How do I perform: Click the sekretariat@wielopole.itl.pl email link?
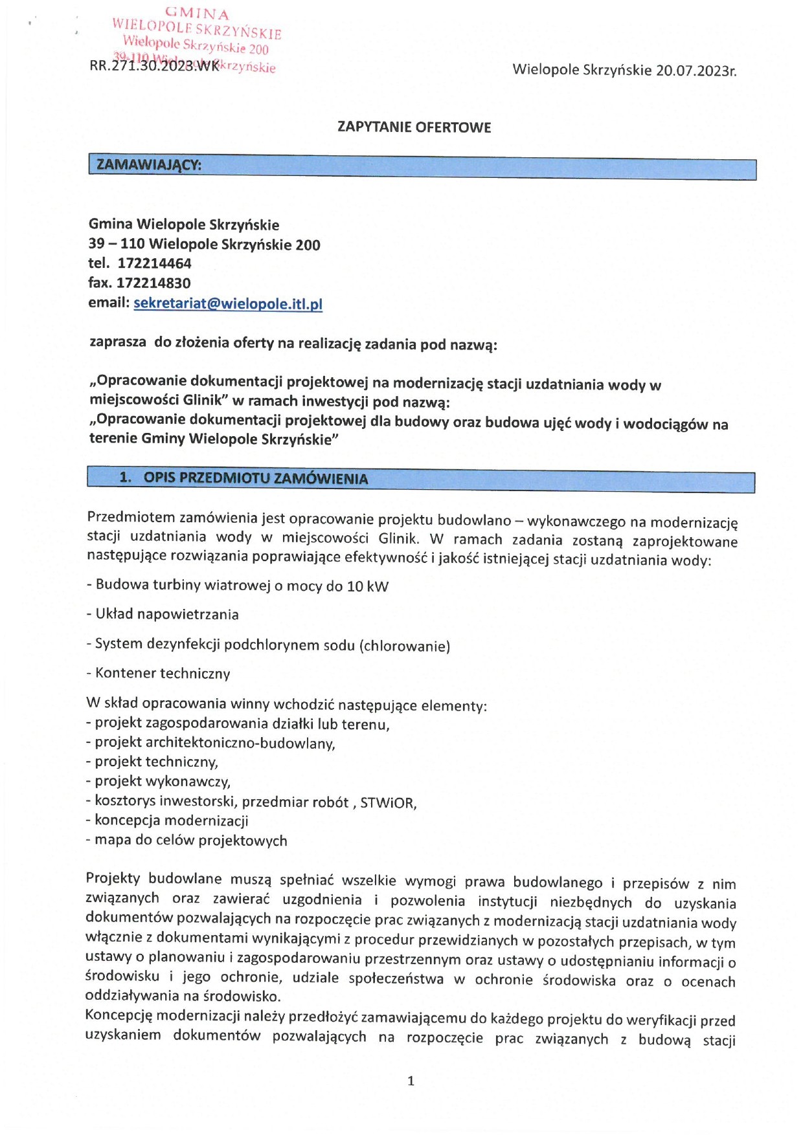pyautogui.click(x=228, y=303)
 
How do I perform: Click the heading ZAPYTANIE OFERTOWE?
pyautogui.click(x=414, y=127)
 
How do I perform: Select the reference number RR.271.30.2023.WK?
pyautogui.click(x=154, y=66)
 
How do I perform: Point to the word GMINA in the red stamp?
pyautogui.click(x=197, y=14)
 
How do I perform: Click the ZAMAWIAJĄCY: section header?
pyautogui.click(x=149, y=165)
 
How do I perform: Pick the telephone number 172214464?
pyautogui.click(x=154, y=263)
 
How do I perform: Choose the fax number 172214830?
pyautogui.click(x=153, y=283)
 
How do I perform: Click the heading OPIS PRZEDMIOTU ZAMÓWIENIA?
pyautogui.click(x=255, y=479)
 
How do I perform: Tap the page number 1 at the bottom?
pyautogui.click(x=411, y=1081)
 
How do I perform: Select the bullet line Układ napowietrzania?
pyautogui.click(x=163, y=614)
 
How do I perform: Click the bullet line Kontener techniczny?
pyautogui.click(x=159, y=673)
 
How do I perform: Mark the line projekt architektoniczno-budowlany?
pyautogui.click(x=210, y=743)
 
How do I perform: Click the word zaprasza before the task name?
pyautogui.click(x=118, y=342)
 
